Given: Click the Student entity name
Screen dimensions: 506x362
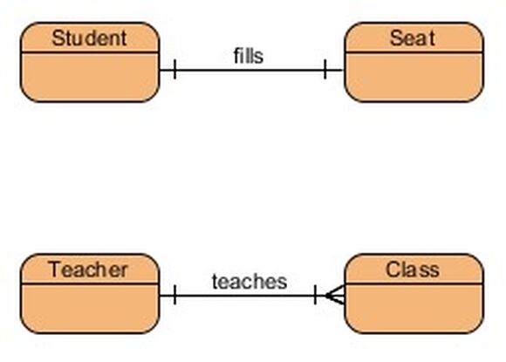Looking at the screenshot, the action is tap(89, 38).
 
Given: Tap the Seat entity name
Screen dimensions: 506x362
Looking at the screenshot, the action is tap(413, 38).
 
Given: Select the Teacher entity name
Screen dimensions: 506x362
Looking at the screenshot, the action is tap(88, 270).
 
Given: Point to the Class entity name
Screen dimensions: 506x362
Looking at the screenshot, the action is tap(413, 270).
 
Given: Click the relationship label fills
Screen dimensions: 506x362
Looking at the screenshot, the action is tap(248, 56).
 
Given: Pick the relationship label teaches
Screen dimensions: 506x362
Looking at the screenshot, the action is tap(250, 282).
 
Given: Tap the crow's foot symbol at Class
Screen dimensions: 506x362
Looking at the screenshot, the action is tap(336, 295).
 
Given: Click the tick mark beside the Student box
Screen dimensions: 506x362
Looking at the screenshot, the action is tap(174, 69).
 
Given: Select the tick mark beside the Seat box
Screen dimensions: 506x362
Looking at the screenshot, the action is tap(325, 69).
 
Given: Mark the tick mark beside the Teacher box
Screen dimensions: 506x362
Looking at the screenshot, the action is tap(174, 295).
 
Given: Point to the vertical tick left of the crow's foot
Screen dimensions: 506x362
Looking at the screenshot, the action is tap(315, 295).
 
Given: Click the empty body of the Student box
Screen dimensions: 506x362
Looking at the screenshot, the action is tap(90, 77).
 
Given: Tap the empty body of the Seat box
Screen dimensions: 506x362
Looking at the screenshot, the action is tap(414, 77).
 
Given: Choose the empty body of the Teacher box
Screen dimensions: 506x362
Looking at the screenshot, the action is tap(90, 309).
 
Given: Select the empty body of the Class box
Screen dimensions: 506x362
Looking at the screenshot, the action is tap(414, 309).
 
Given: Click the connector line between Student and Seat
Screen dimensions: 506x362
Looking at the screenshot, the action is tap(250, 70).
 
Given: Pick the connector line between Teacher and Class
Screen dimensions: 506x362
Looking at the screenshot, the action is tap(252, 295).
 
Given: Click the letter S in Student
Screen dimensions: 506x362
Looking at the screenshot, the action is tap(58, 38).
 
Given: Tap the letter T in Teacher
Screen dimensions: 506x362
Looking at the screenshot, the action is tap(55, 270).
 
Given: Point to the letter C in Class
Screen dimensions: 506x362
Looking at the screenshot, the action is tap(393, 270).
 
